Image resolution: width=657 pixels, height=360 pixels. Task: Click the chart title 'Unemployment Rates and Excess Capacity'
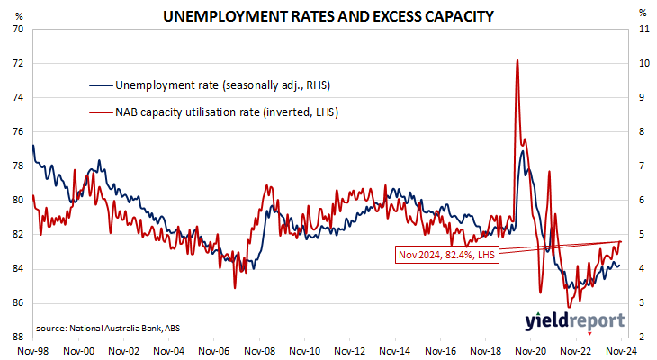coord(328,16)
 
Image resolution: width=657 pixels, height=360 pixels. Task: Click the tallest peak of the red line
coord(517,60)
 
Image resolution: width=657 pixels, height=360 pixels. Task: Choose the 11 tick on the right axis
coord(643,29)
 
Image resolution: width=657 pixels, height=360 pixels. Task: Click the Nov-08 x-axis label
coord(260,350)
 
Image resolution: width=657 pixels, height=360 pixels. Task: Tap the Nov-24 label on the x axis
coord(622,350)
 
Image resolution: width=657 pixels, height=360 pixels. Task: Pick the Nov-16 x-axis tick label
coord(441,350)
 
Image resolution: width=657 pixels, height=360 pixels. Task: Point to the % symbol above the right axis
coord(642,13)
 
